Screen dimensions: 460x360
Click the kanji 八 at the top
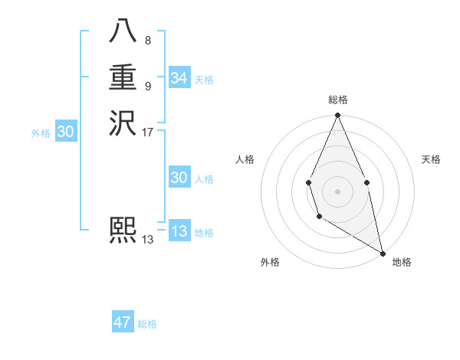pyautogui.click(x=123, y=32)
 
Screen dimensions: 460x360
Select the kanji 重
pyautogui.click(x=123, y=78)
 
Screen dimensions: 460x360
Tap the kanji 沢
pyautogui.click(x=123, y=124)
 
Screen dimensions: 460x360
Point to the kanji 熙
pyautogui.click(x=123, y=231)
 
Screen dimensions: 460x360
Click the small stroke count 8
pyautogui.click(x=147, y=41)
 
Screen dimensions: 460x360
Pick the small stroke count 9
pyautogui.click(x=147, y=87)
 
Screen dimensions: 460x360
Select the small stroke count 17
pyautogui.click(x=148, y=133)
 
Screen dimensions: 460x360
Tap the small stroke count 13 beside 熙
pyautogui.click(x=148, y=240)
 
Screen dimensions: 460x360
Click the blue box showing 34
pyautogui.click(x=179, y=78)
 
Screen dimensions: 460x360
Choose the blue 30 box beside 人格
pyautogui.click(x=179, y=178)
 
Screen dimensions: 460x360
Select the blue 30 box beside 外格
pyautogui.click(x=65, y=132)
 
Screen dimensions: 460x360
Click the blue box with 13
pyautogui.click(x=179, y=231)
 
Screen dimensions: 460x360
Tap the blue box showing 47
pyautogui.click(x=123, y=322)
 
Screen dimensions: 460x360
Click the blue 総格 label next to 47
pyautogui.click(x=147, y=324)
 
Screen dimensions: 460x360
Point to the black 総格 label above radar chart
pyautogui.click(x=337, y=100)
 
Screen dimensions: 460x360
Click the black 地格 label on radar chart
pyautogui.click(x=402, y=262)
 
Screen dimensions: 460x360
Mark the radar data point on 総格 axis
pyautogui.click(x=337, y=116)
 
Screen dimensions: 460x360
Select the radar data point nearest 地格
pyautogui.click(x=383, y=253)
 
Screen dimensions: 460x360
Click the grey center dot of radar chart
pyautogui.click(x=337, y=191)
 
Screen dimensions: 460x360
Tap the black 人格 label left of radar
pyautogui.click(x=245, y=159)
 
